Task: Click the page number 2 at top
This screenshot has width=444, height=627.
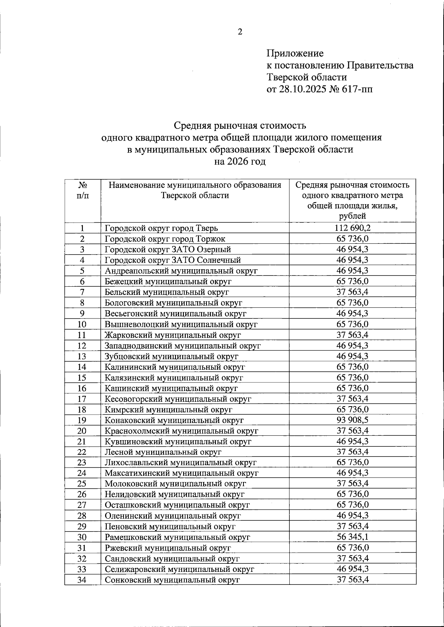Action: [x=240, y=32]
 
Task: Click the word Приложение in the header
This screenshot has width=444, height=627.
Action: [x=295, y=53]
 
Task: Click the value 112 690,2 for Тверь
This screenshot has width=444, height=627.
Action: [x=352, y=228]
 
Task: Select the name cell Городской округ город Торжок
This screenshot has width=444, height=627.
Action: [x=165, y=239]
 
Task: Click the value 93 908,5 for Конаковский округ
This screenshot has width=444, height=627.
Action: [x=352, y=420]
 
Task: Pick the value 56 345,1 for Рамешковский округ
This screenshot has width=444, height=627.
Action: [x=352, y=537]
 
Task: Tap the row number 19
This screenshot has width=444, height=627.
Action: [x=82, y=420]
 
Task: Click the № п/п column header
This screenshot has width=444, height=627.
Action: [x=83, y=190]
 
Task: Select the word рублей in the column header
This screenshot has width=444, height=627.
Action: [x=352, y=216]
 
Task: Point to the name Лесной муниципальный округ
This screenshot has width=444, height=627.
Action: [x=163, y=452]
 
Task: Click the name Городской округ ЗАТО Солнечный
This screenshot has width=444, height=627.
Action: [x=173, y=260]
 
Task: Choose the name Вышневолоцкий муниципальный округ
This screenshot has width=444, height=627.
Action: [x=181, y=324]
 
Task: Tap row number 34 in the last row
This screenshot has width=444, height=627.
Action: [x=82, y=580]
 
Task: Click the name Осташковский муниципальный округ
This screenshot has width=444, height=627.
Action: [x=177, y=505]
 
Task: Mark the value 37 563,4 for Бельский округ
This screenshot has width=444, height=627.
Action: [x=352, y=292]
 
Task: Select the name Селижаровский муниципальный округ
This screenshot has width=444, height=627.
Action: [x=179, y=569]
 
